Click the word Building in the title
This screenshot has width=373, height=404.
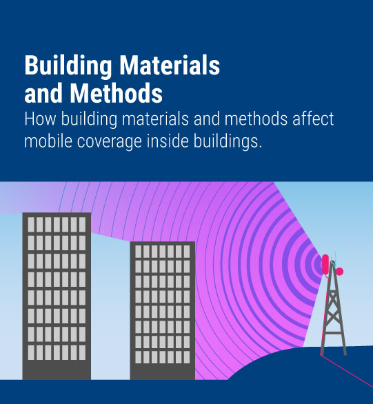[68, 65]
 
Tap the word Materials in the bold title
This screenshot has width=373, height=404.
[170, 65]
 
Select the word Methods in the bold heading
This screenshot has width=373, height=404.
[117, 93]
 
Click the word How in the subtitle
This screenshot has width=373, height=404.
[40, 119]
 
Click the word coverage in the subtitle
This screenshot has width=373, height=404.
[110, 143]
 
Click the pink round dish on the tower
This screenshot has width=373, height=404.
[339, 272]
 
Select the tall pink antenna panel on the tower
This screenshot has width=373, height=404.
[325, 264]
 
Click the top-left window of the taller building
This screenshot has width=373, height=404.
[31, 225]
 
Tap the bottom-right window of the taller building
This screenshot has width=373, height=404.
[82, 352]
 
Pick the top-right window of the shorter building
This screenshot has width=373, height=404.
[186, 252]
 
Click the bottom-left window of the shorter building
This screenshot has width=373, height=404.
[139, 357]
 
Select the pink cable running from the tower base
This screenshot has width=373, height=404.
[347, 370]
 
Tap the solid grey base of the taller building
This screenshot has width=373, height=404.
[57, 370]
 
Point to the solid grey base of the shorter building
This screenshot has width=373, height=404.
[163, 372]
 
